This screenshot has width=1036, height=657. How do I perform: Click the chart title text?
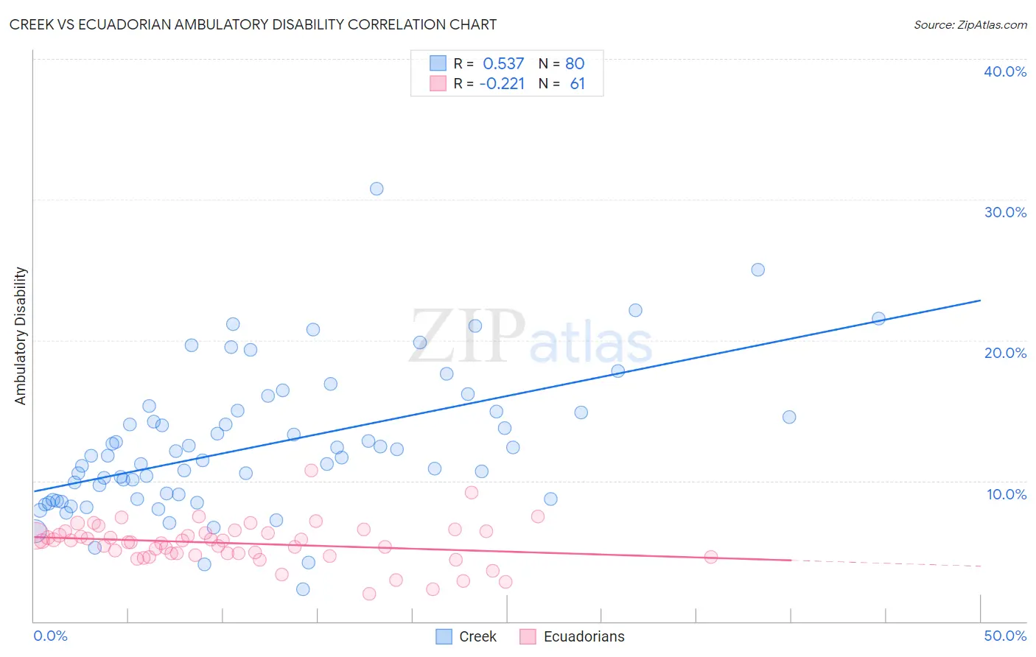(253, 24)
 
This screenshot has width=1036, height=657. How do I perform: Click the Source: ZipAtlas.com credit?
(970, 24)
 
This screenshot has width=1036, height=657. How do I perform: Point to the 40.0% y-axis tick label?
(1005, 71)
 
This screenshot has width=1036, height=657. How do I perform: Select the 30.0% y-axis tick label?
(1005, 212)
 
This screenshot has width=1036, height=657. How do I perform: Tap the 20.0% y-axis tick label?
(1005, 353)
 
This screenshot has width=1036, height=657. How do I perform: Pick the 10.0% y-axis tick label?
(1007, 494)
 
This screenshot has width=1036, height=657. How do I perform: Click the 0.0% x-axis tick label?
(50, 636)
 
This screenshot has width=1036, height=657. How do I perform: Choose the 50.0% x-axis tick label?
(1005, 636)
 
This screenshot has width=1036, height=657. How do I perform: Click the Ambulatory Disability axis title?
(21, 335)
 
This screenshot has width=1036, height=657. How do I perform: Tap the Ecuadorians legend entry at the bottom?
(573, 636)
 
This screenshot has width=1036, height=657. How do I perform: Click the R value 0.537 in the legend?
(503, 63)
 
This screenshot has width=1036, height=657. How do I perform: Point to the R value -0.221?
(502, 84)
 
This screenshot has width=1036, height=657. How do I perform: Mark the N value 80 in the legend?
(575, 63)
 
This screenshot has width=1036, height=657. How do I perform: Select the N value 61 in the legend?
(577, 84)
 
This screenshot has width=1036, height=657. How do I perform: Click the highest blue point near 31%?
(377, 189)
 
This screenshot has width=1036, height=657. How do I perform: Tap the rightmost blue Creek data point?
(878, 319)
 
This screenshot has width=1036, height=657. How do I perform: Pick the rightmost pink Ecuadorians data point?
(711, 557)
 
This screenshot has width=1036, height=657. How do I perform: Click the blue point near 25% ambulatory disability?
(757, 270)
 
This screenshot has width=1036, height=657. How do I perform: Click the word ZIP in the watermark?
(467, 337)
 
